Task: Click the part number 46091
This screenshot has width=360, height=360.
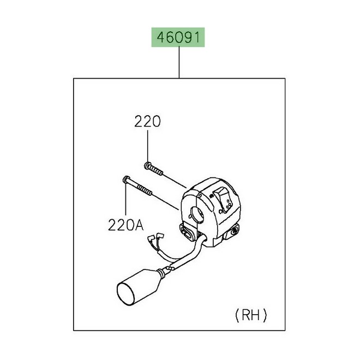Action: [178, 38]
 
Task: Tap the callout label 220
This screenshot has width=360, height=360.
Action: [147, 122]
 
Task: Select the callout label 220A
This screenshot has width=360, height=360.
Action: [126, 225]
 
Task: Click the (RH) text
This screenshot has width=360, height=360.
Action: [251, 315]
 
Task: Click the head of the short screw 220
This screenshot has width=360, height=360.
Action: [147, 165]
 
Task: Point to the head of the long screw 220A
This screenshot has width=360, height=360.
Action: [126, 179]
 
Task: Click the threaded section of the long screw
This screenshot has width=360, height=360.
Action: [145, 190]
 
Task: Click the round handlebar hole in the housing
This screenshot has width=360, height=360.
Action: [197, 214]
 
